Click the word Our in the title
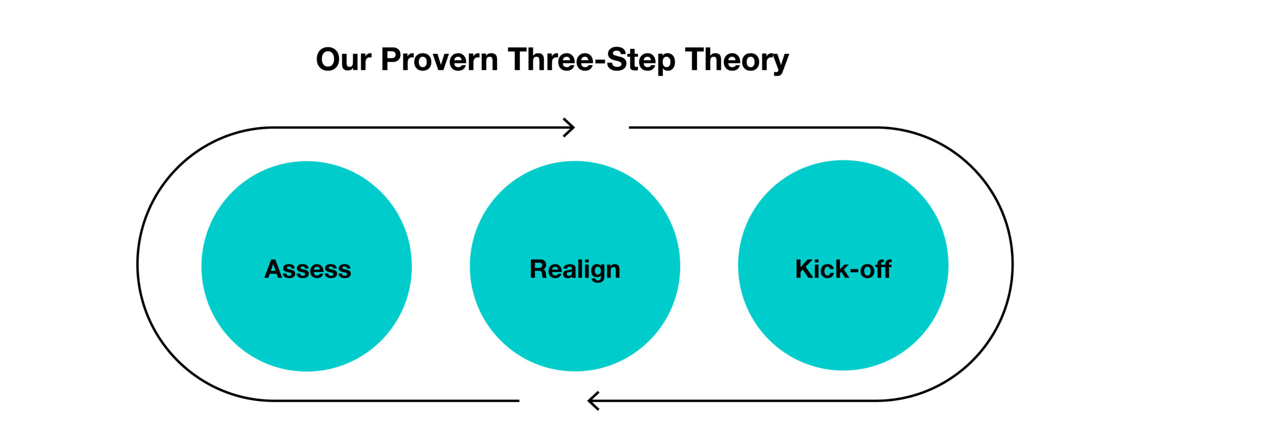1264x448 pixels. [x=344, y=60]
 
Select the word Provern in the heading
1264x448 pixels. [x=439, y=60]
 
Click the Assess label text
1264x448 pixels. [x=308, y=269]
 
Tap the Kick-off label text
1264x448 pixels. [x=843, y=269]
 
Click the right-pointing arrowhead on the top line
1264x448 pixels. [x=569, y=127]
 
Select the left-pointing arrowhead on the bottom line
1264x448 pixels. [x=593, y=401]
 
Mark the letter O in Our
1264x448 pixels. [x=329, y=60]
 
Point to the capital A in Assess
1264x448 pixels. [x=275, y=269]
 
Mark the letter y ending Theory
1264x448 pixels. [x=780, y=64]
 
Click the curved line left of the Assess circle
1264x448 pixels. [x=138, y=264]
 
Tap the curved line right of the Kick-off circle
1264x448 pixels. [x=1012, y=264]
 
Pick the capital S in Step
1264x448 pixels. [x=617, y=60]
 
